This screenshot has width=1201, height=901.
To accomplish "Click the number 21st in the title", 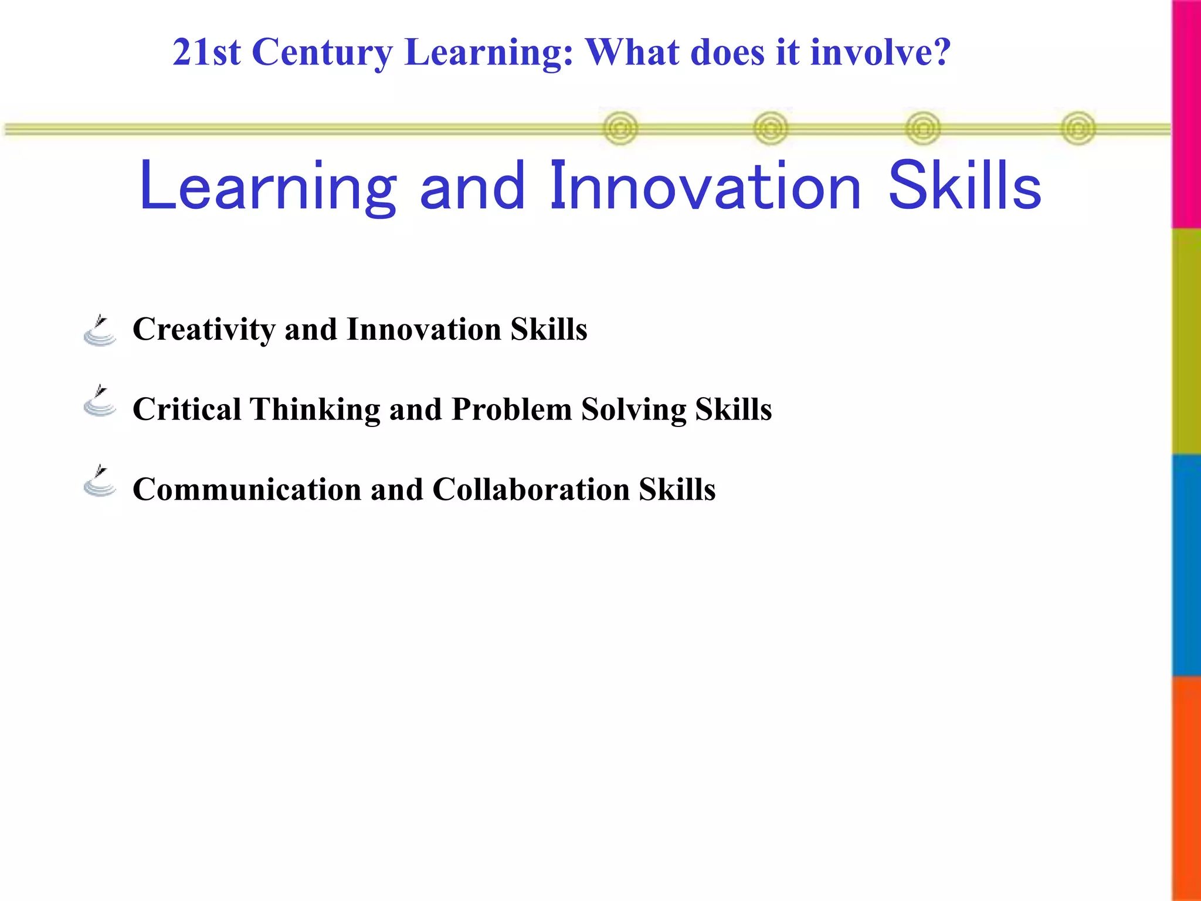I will coord(206,53).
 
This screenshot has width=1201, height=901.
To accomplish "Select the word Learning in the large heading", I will coord(268,187).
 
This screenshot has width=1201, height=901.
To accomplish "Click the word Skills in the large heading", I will coord(965,187).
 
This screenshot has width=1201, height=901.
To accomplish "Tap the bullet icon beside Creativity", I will coord(100,331).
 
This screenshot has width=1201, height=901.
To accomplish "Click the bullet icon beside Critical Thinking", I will coord(100,402).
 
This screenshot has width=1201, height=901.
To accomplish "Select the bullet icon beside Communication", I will coord(100,482).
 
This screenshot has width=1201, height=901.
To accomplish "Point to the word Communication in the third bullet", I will coord(247,489).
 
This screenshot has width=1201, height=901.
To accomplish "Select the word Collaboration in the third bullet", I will coord(531,489).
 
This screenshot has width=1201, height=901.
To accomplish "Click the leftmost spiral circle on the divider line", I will coord(620,128).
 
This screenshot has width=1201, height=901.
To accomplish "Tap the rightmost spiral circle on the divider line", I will coord(1078,128).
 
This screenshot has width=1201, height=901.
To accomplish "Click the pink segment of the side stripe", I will coord(1186,114).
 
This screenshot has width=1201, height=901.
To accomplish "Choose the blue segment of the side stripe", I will coord(1186,565).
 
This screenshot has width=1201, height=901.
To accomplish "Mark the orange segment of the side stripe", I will coord(1186,788).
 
